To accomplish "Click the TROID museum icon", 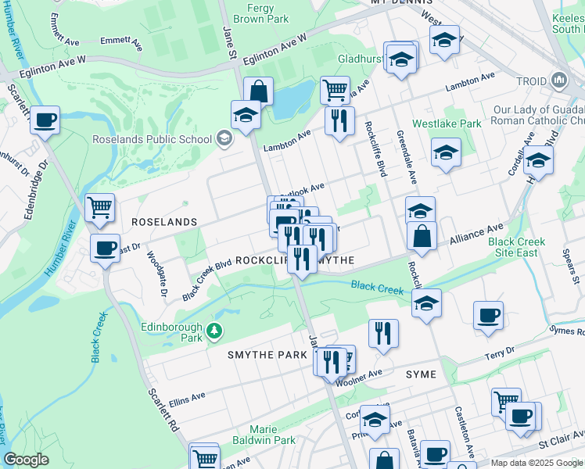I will point(559,80).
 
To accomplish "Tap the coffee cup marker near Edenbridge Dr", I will point(45,120).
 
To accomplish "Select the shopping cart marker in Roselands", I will point(100,207).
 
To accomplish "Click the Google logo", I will point(26,460).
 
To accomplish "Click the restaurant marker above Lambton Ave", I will point(339,120).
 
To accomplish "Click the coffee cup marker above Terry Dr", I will point(489,315).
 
